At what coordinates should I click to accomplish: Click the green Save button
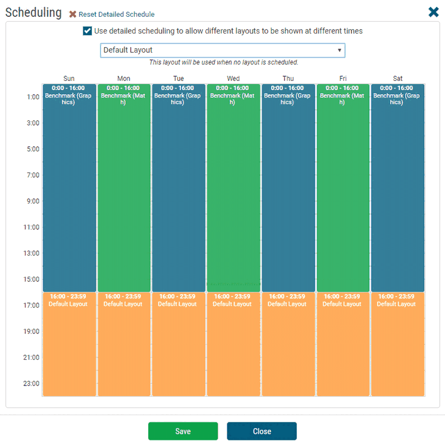183,431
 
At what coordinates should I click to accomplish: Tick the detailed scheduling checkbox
88,31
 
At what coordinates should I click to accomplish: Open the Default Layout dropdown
222,50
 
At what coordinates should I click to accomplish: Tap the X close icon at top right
433,12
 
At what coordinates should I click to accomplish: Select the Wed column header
233,78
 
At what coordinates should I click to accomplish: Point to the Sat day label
397,78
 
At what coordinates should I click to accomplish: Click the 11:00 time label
31,227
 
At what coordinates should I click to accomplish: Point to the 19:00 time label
31,331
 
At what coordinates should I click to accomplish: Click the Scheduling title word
33,13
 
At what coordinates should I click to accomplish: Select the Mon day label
123,78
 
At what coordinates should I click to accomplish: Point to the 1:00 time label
33,97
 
